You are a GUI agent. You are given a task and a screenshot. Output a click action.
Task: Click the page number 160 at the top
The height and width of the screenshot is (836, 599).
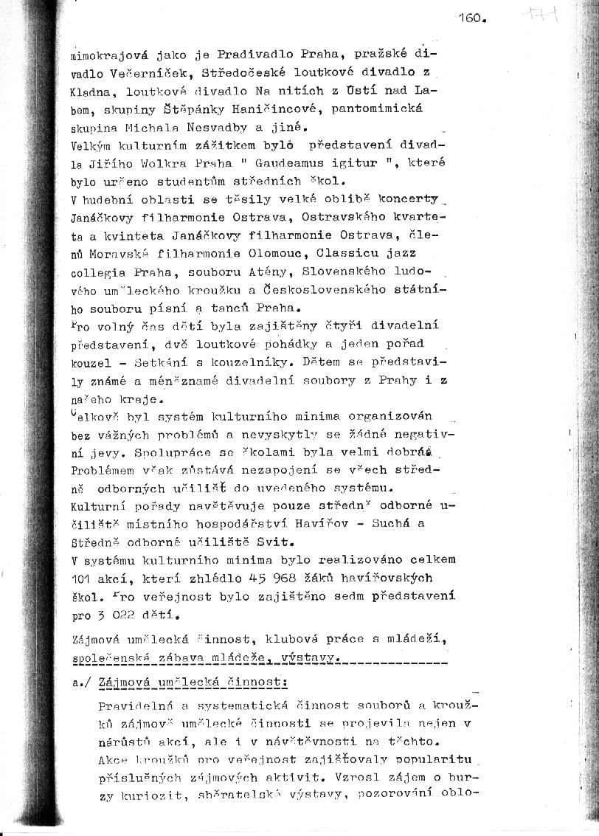[471, 18]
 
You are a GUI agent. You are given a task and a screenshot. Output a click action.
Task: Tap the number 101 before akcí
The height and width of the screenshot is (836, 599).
[83, 578]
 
